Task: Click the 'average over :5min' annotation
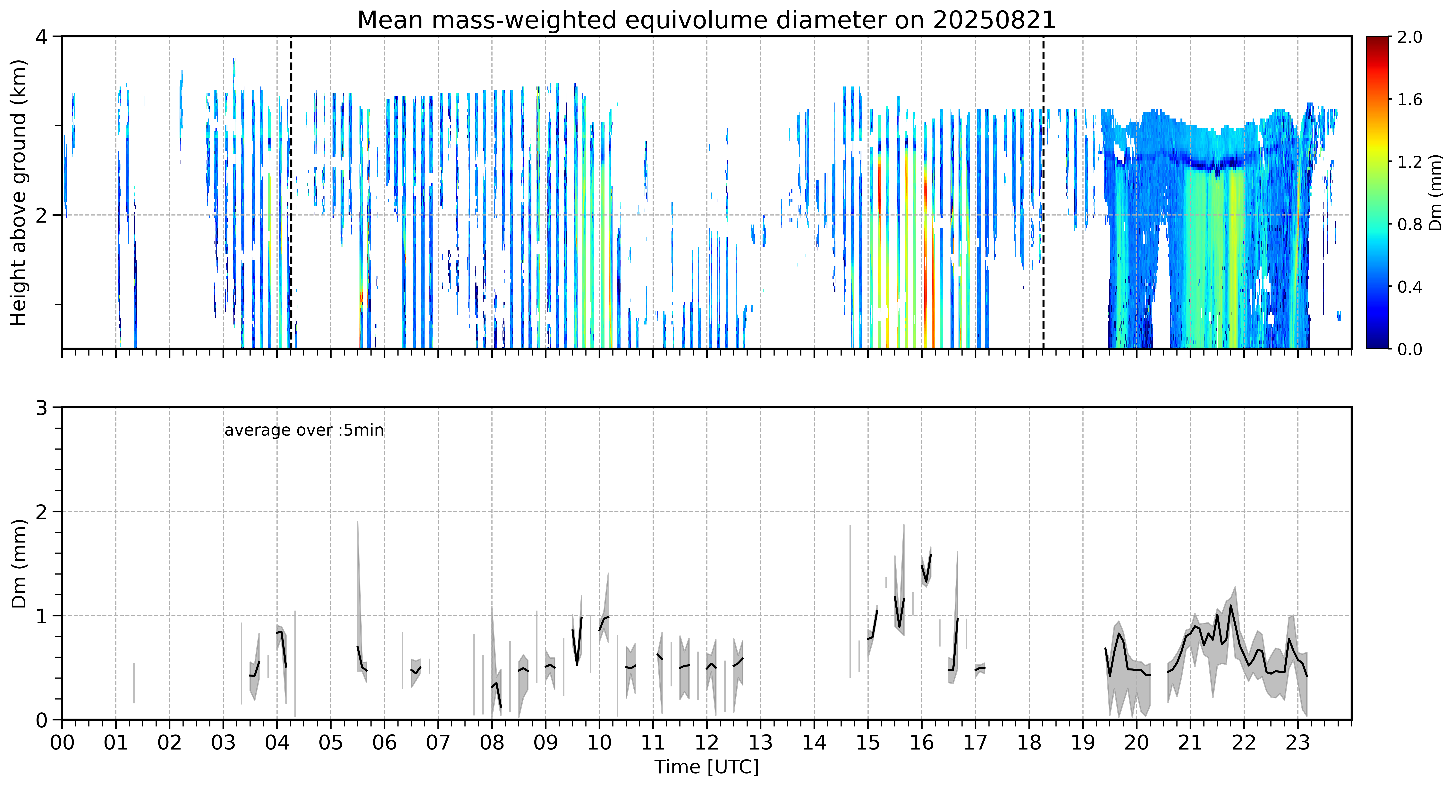(x=304, y=430)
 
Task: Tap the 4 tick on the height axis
(x=41, y=37)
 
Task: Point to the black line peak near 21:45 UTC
(x=1230, y=606)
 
